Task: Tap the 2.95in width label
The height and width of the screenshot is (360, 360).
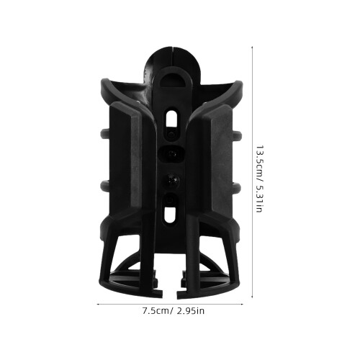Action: (191, 311)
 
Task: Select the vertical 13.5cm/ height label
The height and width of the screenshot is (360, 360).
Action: (259, 163)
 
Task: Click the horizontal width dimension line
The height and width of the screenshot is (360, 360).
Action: (170, 305)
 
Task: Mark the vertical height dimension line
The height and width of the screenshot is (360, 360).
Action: (252, 172)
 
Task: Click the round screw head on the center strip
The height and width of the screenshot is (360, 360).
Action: (171, 179)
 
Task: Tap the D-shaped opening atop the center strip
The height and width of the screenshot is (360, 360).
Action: (173, 81)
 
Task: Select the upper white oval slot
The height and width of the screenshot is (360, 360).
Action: (171, 119)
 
